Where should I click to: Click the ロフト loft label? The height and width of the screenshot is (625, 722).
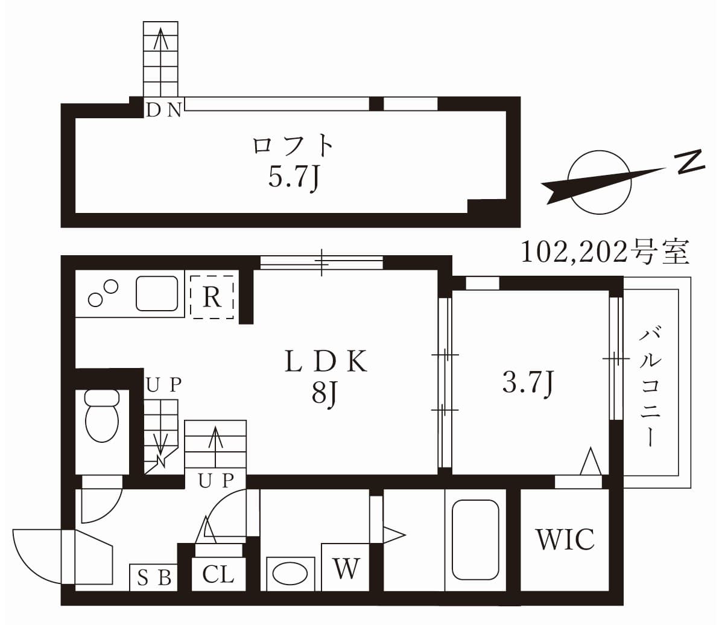pos(293,145)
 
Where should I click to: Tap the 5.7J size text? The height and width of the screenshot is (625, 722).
pos(293,177)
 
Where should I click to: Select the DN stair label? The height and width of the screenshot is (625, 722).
pos(164,110)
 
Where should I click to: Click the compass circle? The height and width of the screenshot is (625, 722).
pos(600,182)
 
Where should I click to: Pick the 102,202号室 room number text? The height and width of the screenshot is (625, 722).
pos(604,252)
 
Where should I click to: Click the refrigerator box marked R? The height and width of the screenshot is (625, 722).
pos(212,297)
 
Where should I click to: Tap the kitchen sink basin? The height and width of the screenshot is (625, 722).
pos(157,293)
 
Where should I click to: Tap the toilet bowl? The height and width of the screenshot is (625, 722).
pos(102,417)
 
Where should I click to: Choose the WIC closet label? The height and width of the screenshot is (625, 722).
pos(565,539)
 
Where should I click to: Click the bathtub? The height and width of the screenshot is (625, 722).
pos(475,539)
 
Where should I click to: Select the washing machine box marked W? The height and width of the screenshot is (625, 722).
pos(346,568)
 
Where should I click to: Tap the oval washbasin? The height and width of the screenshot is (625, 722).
pos(290,574)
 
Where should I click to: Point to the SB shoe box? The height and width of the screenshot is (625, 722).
pos(154,578)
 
